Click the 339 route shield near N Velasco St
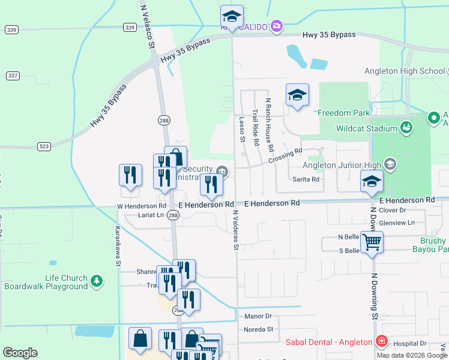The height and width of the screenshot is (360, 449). click(x=130, y=27)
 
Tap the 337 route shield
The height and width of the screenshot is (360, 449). click(x=13, y=75)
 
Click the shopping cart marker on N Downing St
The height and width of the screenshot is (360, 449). click(x=372, y=242)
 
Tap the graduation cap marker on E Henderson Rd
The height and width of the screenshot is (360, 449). click(x=372, y=181)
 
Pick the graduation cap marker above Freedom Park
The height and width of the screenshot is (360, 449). click(x=297, y=95)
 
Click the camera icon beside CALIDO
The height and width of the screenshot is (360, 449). click(x=276, y=26)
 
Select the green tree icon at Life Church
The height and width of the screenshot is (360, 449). click(x=96, y=281)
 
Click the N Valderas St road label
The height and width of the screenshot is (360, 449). click(x=236, y=230)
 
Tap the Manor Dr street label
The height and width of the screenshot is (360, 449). click(x=258, y=316)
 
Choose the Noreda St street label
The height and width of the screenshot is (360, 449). click(x=259, y=329)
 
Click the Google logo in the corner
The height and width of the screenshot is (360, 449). click(x=20, y=353)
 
